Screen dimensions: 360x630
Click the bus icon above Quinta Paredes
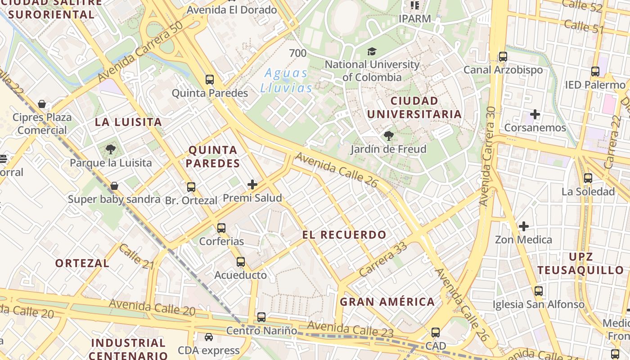click(210, 80)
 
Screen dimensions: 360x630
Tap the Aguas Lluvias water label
click(286, 80)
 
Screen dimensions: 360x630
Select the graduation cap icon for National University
click(372, 51)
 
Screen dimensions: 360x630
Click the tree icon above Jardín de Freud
click(388, 135)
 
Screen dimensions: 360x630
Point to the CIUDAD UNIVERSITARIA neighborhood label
click(414, 107)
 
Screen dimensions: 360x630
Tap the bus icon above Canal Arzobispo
click(503, 57)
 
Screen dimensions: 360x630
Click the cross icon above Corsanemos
click(535, 114)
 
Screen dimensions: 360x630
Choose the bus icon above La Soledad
click(588, 178)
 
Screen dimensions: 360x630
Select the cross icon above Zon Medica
click(524, 226)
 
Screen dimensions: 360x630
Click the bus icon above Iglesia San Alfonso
click(539, 291)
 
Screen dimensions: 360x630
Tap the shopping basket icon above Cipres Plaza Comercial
click(42, 104)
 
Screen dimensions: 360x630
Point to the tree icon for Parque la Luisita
click(111, 149)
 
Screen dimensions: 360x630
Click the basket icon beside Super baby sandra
click(114, 186)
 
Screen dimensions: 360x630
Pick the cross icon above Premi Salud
click(252, 184)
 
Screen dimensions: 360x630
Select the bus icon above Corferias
click(221, 228)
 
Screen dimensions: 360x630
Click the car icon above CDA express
click(209, 337)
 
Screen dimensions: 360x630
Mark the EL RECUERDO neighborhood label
click(344, 234)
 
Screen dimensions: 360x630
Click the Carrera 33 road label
click(383, 259)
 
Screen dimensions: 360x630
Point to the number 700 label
click(298, 53)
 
